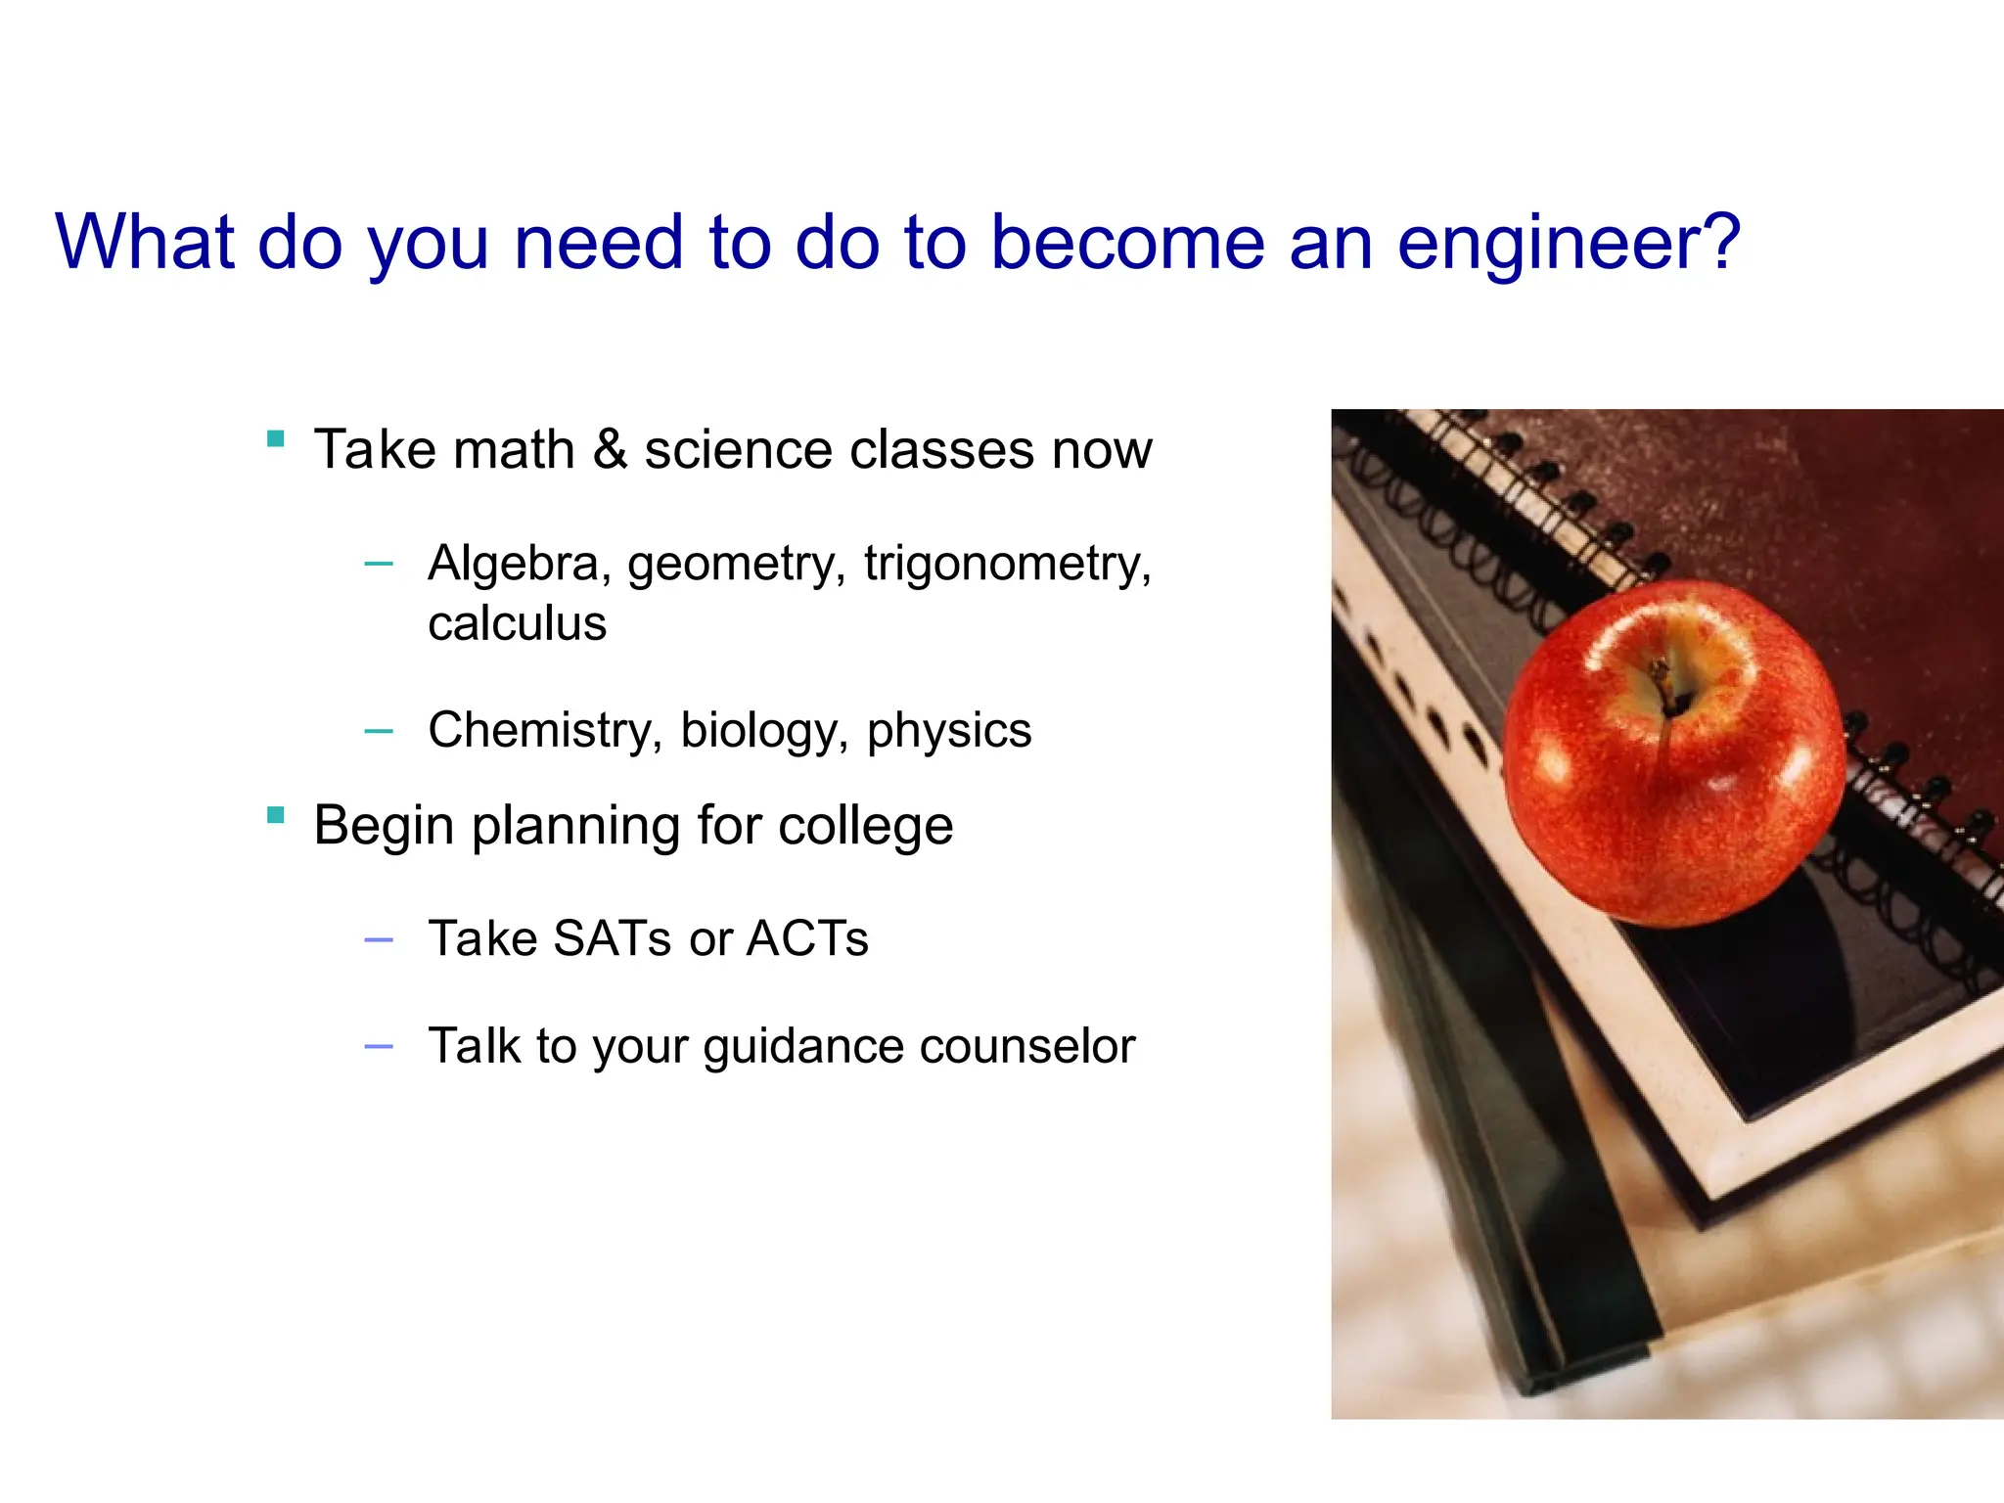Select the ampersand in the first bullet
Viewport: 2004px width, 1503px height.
tap(610, 449)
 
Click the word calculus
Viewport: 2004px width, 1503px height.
tap(517, 624)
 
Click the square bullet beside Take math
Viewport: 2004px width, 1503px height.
tap(276, 438)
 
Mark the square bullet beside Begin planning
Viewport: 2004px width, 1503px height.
tap(276, 814)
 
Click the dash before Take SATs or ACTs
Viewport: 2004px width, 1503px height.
tap(378, 940)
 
